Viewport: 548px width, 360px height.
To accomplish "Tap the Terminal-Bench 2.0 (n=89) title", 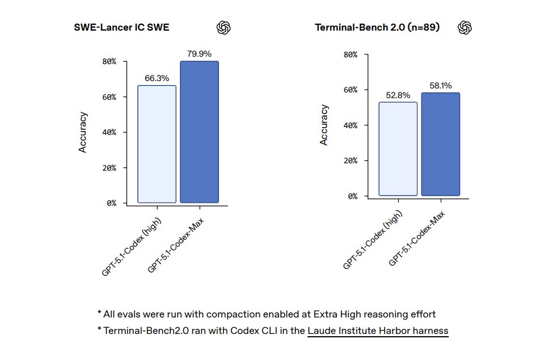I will [377, 27].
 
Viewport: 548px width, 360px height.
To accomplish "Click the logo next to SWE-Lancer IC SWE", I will [224, 27].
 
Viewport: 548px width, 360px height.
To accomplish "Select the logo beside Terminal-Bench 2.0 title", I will [465, 27].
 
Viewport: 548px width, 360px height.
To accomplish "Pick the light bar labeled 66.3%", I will [157, 144].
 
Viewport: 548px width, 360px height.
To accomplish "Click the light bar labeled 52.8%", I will [398, 149].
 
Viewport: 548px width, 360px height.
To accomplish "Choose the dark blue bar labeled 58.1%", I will [440, 145].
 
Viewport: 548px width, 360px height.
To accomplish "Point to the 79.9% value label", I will [199, 54].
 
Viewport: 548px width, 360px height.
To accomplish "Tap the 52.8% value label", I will [398, 95].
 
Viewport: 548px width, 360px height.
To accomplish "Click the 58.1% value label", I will [440, 86].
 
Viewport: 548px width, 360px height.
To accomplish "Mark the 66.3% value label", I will [157, 78].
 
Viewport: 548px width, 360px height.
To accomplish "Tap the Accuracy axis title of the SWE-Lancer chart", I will [83, 132].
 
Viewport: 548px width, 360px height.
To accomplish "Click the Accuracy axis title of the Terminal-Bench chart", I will [324, 125].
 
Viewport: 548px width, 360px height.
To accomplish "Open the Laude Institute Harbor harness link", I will [378, 331].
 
